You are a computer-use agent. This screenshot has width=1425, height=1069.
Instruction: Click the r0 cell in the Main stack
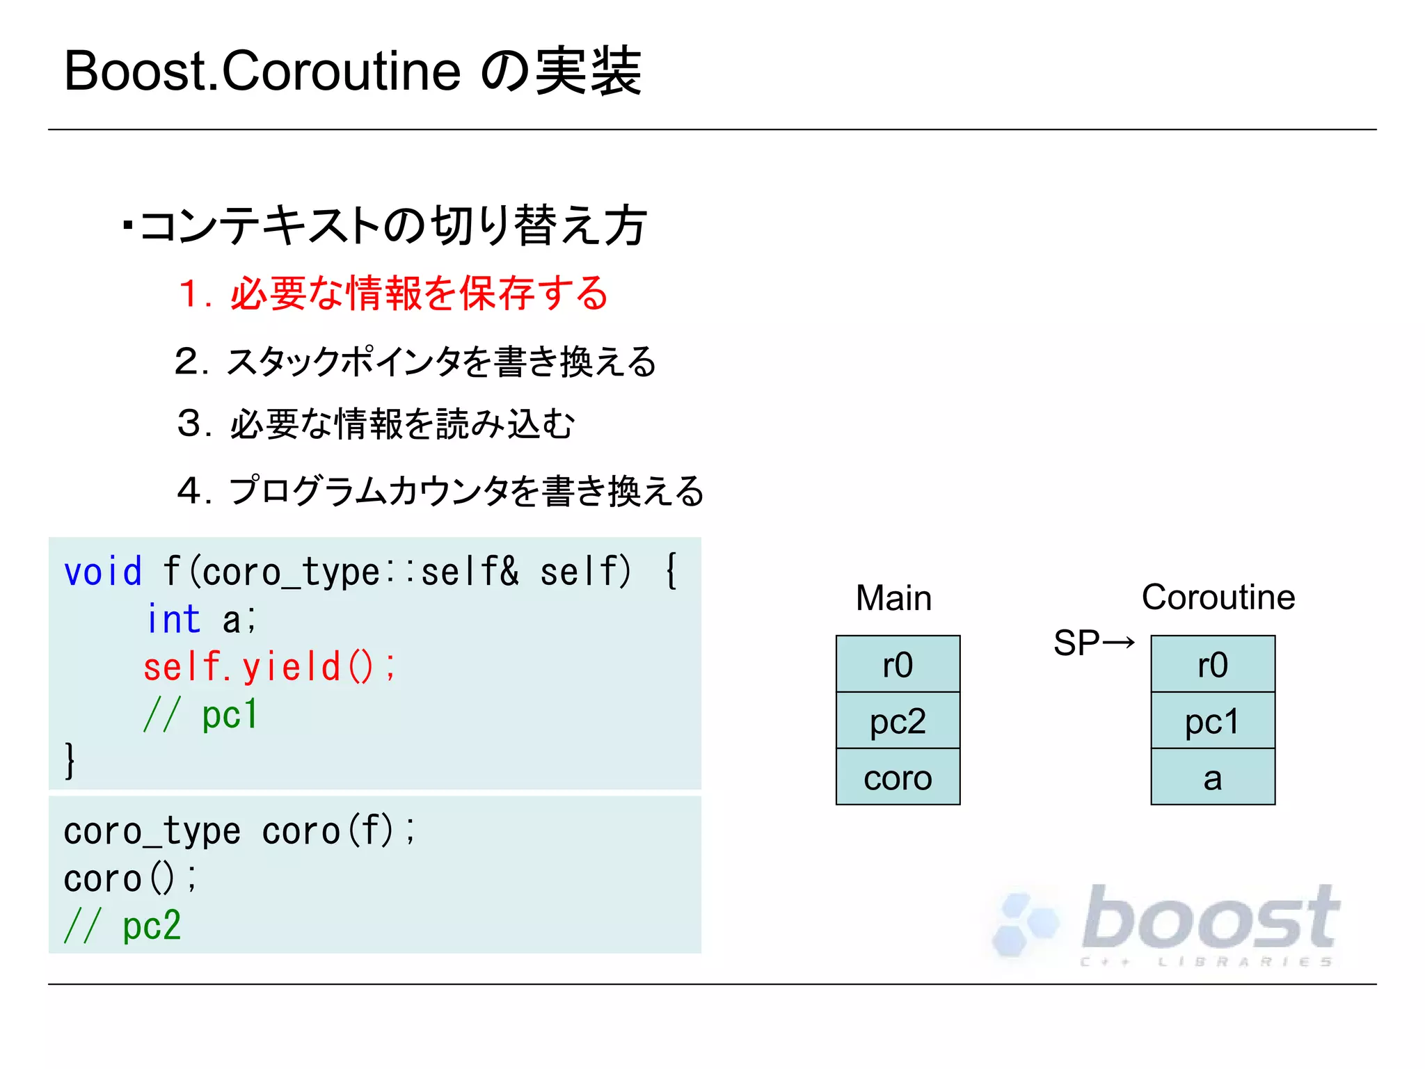click(x=898, y=664)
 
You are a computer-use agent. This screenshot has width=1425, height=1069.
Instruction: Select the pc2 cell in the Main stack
click(x=898, y=721)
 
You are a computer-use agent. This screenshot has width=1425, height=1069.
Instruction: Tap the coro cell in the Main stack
click(x=898, y=777)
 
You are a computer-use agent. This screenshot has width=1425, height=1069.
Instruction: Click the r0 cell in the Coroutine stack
click(x=1213, y=664)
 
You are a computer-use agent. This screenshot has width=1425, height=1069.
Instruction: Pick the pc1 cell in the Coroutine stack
click(x=1213, y=721)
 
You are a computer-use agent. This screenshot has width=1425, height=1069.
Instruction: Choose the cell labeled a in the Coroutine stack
click(x=1213, y=777)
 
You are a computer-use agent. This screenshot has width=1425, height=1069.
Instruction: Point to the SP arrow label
click(x=1093, y=643)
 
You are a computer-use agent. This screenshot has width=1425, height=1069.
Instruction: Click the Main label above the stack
click(x=893, y=598)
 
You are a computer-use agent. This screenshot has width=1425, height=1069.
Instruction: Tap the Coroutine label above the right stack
click(x=1218, y=597)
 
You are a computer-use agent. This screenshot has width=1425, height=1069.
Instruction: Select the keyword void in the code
click(x=103, y=572)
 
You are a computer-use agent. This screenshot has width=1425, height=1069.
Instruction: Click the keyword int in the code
click(x=173, y=619)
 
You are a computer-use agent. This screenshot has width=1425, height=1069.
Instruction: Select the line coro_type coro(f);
click(x=239, y=831)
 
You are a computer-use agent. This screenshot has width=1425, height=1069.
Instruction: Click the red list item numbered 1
click(x=393, y=293)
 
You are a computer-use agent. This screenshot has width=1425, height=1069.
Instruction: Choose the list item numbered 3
click(x=376, y=424)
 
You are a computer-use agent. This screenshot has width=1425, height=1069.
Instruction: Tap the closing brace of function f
click(x=70, y=760)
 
